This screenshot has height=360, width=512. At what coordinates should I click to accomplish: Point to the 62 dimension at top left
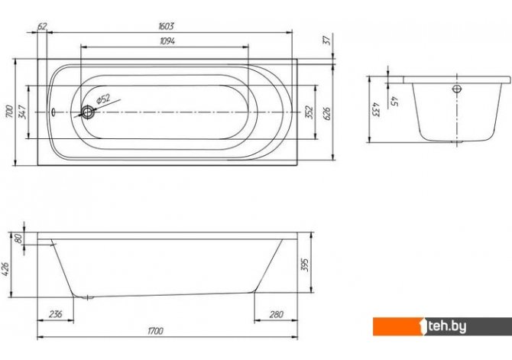point(42,27)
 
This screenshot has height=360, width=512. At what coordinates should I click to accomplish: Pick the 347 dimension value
point(23,112)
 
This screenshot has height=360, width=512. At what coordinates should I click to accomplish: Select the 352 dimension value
point(309,112)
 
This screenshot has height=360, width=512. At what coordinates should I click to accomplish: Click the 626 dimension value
point(329,115)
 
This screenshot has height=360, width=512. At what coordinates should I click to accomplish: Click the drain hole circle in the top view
point(89,112)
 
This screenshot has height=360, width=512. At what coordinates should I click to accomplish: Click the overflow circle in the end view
point(457,89)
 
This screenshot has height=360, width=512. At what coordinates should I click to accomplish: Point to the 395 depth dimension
point(306,265)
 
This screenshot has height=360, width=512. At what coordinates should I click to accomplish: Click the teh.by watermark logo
point(459,326)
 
